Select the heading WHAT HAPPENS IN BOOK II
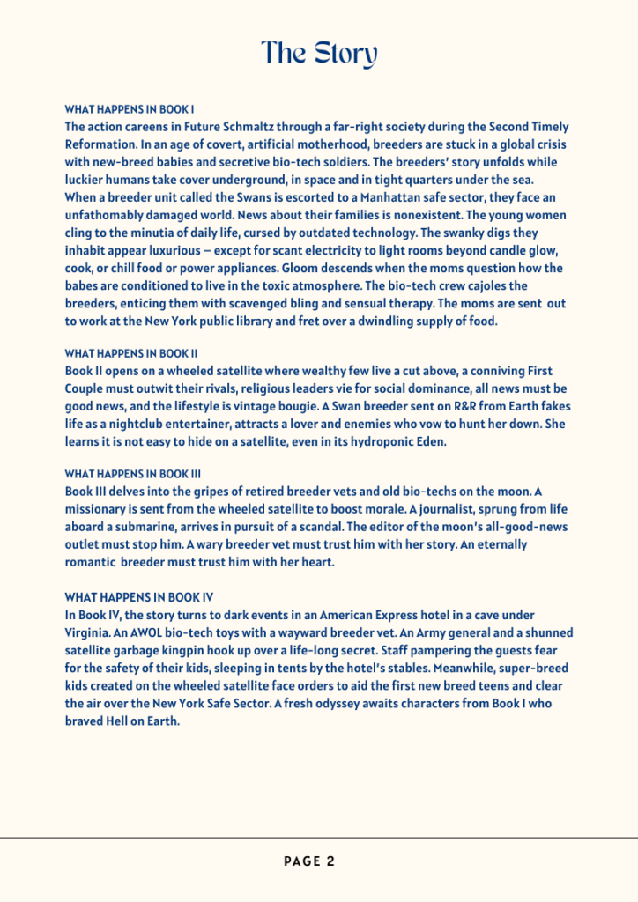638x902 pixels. (131, 354)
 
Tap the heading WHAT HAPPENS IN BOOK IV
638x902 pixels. (133, 597)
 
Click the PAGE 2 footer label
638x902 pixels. (309, 861)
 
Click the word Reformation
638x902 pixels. (101, 144)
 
